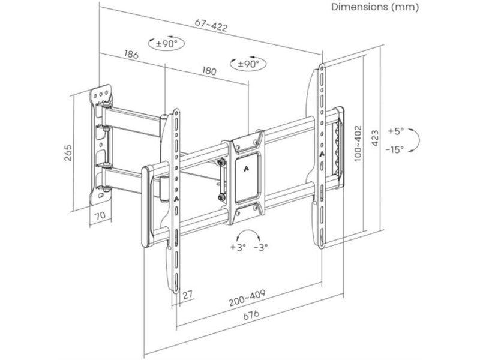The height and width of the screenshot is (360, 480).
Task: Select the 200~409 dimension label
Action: (247, 295)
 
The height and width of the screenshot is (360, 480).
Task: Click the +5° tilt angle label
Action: (396, 131)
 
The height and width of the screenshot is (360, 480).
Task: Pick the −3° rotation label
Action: (262, 247)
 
